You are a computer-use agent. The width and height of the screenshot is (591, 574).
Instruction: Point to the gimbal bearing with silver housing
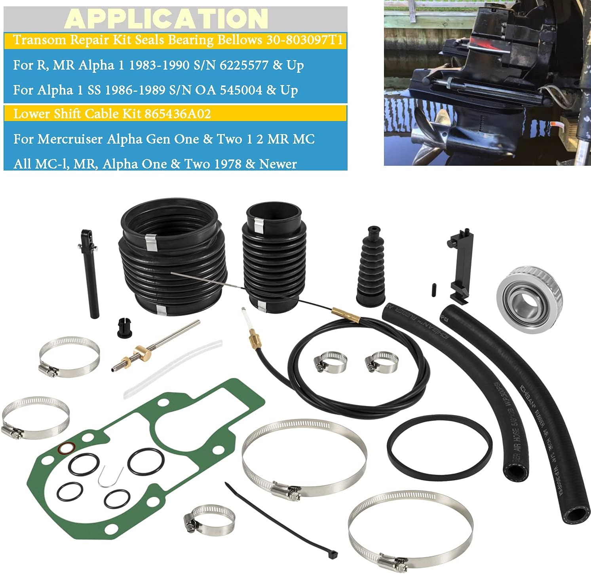[521, 299]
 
